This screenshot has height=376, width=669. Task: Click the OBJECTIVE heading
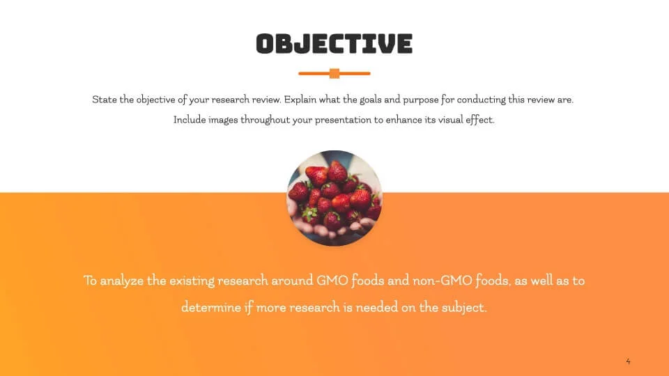click(334, 44)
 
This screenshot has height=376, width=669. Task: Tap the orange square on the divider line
click(334, 73)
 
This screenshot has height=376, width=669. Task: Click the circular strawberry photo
click(334, 198)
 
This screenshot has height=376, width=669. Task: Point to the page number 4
click(628, 361)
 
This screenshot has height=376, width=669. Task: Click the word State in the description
click(104, 100)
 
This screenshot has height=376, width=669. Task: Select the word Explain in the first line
click(300, 100)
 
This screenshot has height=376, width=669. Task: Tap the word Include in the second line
click(189, 120)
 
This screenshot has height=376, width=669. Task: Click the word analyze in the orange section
click(121, 281)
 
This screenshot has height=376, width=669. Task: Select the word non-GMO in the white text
click(442, 281)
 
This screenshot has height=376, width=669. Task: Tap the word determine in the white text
click(210, 307)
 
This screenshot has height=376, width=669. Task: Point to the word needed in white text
click(377, 307)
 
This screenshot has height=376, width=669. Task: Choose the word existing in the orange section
click(192, 281)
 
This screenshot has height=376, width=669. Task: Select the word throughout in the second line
click(265, 120)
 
